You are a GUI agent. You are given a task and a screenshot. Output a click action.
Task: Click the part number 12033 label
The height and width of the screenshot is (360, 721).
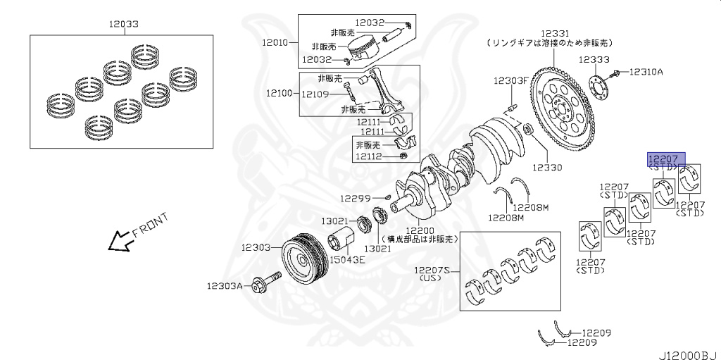(x=123, y=24)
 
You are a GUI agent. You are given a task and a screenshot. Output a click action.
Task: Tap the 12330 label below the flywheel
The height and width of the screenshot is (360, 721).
(x=548, y=168)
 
